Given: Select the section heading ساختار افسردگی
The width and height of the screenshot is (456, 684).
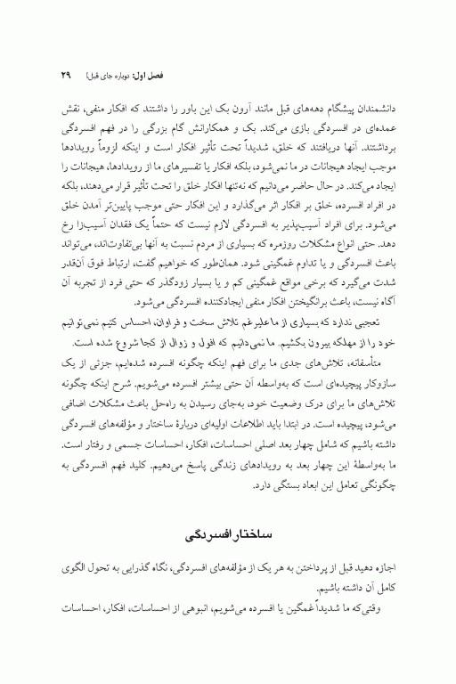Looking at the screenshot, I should click(x=227, y=538).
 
